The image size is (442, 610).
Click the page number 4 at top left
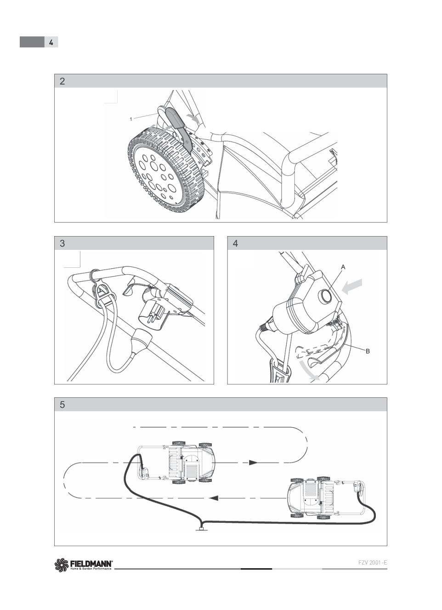[x=51, y=42]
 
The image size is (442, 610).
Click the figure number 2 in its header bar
[x=62, y=81]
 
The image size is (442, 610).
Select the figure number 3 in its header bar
[x=62, y=243]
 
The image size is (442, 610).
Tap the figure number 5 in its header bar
[x=62, y=405]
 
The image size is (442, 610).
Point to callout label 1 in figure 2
[x=131, y=119]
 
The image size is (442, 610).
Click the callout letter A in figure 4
[x=343, y=267]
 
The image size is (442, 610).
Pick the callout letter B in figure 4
[x=368, y=351]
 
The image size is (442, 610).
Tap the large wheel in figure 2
[x=166, y=169]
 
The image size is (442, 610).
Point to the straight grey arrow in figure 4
[x=352, y=287]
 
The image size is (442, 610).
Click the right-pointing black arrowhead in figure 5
[x=254, y=463]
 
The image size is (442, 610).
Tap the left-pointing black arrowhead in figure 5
[x=214, y=498]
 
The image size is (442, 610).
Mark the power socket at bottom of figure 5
[x=201, y=529]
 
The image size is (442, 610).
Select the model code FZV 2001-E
[x=373, y=563]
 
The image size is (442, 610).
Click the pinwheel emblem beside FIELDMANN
[x=62, y=564]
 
